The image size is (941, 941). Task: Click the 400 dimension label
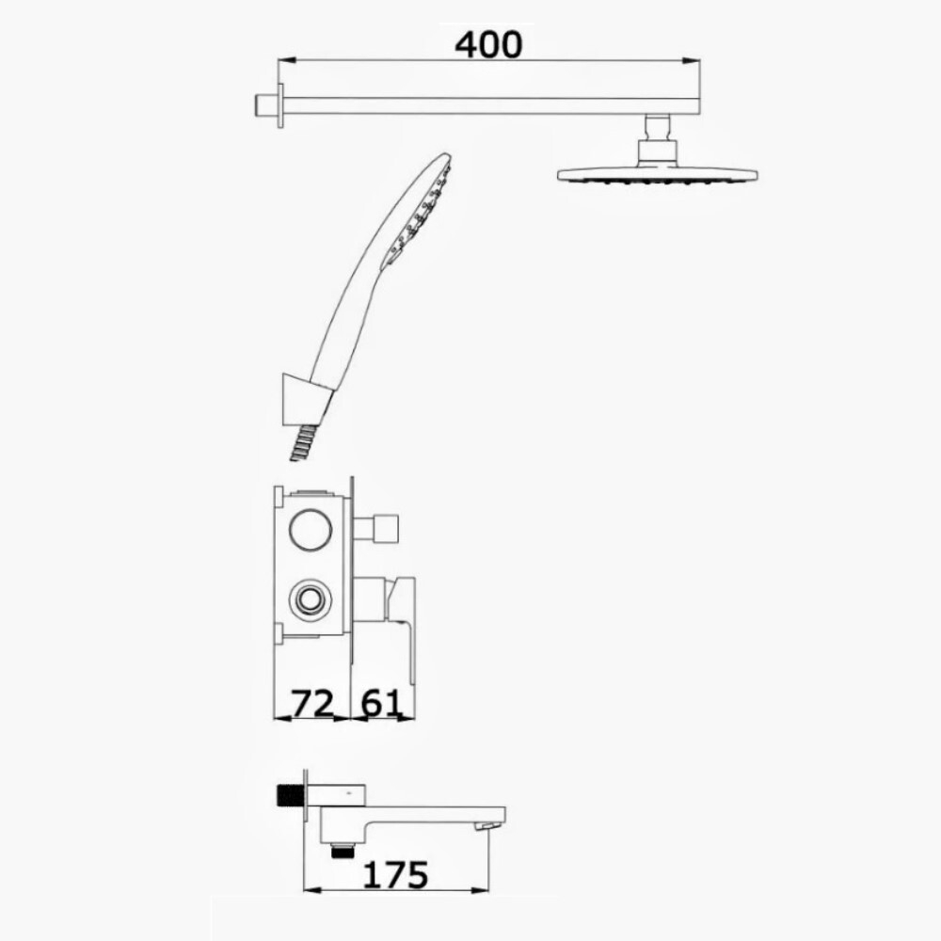pos(487,43)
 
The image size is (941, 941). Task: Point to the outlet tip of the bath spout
pos(486,825)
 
